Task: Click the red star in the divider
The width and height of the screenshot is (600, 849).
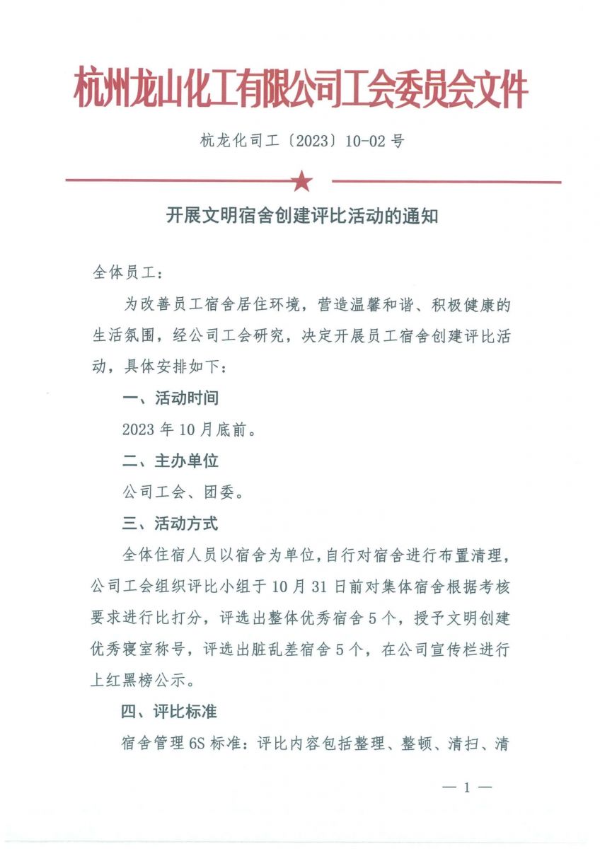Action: coord(302,181)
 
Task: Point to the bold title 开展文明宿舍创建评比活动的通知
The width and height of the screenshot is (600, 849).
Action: coord(302,216)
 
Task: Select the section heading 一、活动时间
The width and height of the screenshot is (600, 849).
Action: coord(170,398)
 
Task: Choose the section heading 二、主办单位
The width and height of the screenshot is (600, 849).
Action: coord(170,461)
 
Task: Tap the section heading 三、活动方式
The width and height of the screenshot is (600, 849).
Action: coord(170,524)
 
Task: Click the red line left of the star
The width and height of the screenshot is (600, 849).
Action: coord(177,181)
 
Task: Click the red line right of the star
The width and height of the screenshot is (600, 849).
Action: coord(446,182)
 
